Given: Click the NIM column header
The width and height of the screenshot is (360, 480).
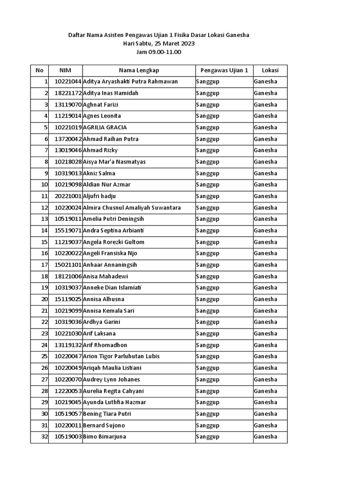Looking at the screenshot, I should [65, 70].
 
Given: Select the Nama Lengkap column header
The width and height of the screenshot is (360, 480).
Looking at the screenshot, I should [139, 70].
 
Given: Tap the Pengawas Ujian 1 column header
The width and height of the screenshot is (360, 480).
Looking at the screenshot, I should [224, 70].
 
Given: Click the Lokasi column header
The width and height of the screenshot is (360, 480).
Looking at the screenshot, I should [270, 70].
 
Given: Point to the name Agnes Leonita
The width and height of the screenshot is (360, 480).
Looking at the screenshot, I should [102, 116].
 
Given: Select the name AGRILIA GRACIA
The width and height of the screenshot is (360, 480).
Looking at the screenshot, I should [105, 127].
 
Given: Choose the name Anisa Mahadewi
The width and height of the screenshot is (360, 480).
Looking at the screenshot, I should [105, 277].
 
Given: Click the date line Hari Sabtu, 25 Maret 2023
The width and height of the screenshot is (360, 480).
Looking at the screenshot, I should [158, 44].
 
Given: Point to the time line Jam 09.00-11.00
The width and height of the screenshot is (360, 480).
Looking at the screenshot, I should [158, 52].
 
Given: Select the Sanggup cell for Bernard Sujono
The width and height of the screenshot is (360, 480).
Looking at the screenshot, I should [208, 426].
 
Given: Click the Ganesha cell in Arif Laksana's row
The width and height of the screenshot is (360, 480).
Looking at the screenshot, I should [265, 334].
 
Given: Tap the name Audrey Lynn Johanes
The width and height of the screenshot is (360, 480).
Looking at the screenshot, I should [111, 380].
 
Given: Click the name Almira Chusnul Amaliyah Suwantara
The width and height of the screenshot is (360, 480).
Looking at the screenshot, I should [132, 208].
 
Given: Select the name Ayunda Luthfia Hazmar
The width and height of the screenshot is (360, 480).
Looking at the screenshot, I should [114, 402].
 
